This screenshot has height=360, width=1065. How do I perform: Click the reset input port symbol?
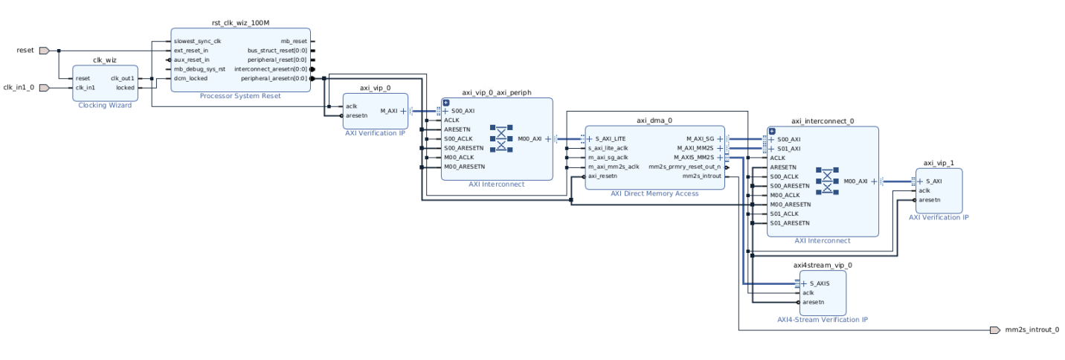point(44,51)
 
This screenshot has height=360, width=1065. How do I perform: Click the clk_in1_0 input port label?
point(17,87)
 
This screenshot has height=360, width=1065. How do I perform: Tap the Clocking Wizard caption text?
point(105,105)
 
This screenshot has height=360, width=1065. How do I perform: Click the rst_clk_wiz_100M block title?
point(241,25)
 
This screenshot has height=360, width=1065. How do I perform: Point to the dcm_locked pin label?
point(191,78)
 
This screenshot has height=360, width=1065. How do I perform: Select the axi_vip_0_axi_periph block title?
point(496,92)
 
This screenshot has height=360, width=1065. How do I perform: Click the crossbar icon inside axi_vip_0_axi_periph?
point(502,138)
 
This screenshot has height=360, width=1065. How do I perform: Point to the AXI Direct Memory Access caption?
point(654,193)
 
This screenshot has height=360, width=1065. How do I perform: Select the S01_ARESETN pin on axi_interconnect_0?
point(790,222)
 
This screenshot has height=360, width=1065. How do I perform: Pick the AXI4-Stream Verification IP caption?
point(823,319)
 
